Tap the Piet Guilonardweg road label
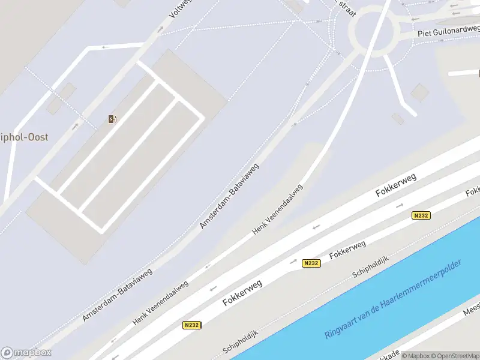[x=449, y=31]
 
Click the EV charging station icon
[x=112, y=119]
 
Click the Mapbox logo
[x=26, y=353]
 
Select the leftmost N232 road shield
[x=191, y=325]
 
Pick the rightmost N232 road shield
[x=421, y=215]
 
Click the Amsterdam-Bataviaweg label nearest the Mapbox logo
[x=118, y=294]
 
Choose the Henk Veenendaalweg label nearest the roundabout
[x=277, y=209]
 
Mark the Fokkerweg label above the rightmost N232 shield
[x=397, y=183]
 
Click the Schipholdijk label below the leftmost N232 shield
[x=240, y=342]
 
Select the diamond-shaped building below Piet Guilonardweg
[x=420, y=92]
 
